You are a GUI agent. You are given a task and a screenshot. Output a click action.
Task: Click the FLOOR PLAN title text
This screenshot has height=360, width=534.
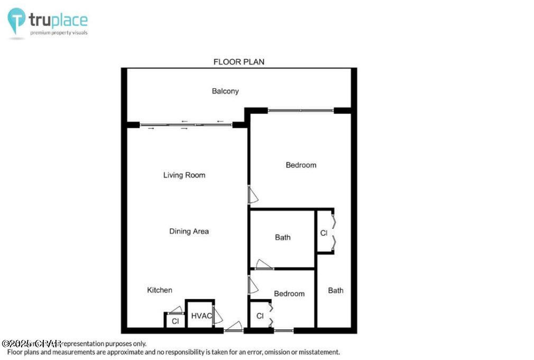point(238,62)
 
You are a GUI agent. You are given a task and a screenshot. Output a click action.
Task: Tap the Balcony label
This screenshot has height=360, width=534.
point(225,91)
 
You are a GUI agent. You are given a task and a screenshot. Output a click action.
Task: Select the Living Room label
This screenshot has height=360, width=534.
point(184,175)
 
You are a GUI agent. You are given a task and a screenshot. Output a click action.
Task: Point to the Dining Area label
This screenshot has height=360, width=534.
point(189,231)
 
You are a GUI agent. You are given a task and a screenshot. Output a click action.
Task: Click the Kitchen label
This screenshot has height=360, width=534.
point(159,290)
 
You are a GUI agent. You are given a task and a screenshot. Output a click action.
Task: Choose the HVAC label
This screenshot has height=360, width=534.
point(201,316)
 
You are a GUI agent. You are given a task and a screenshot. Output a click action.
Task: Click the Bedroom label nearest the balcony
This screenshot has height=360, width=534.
point(301,165)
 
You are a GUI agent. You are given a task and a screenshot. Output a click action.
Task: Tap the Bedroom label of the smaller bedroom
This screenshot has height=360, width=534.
point(289,293)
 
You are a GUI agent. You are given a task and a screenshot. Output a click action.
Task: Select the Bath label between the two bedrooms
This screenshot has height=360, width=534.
point(282,237)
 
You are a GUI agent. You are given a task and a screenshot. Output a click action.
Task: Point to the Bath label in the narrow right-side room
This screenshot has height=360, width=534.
point(335,290)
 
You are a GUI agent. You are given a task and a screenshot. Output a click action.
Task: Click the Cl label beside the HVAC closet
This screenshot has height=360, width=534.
point(175,320)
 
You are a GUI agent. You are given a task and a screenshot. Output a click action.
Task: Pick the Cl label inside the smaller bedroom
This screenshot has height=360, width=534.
point(260,316)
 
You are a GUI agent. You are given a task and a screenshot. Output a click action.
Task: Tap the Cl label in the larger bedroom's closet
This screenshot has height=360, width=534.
point(324,233)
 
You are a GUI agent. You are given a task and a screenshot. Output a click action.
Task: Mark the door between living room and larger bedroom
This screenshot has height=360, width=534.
point(253,195)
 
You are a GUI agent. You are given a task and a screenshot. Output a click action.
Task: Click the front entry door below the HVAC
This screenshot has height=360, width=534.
point(233,327)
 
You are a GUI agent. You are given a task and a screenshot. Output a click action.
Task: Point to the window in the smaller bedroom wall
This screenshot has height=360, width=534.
point(283,331)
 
